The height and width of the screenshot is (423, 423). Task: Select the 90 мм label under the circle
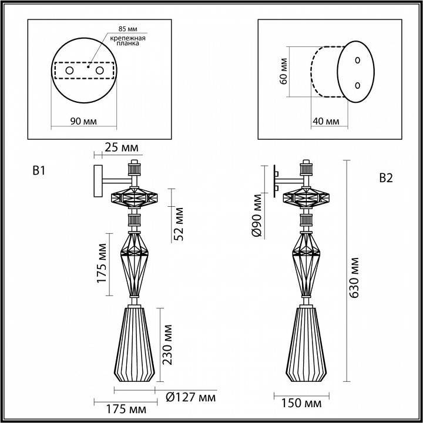(x=84, y=121)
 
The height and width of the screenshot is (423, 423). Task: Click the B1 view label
(x=39, y=171)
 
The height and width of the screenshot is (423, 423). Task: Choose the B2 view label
(x=385, y=179)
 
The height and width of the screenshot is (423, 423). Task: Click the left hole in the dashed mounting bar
(x=69, y=70)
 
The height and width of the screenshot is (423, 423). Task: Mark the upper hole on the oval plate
(x=358, y=60)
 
